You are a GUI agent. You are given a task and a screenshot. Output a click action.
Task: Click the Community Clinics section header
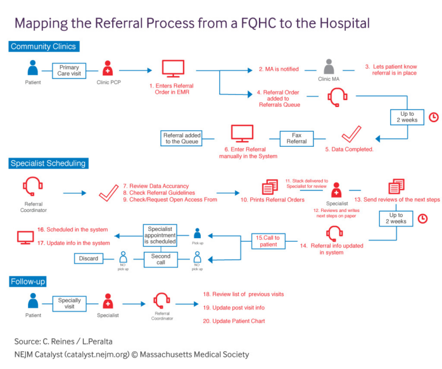[x=43, y=47]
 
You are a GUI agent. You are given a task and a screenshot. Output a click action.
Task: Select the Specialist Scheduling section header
[x=48, y=163]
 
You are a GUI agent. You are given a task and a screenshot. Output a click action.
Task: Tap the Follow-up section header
[x=28, y=281]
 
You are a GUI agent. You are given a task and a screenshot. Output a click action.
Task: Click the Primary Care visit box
[x=69, y=71]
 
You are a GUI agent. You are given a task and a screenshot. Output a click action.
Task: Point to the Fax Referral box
[x=296, y=138]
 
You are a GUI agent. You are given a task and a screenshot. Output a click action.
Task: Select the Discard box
[x=89, y=258]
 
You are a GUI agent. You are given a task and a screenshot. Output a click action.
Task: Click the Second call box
[x=161, y=259]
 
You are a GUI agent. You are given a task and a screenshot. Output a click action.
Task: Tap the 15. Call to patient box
[x=268, y=241]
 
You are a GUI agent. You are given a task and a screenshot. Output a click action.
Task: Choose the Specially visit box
[x=69, y=303]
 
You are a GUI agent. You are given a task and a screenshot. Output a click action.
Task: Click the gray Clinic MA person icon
[x=329, y=66]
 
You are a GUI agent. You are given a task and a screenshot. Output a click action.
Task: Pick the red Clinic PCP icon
[x=107, y=69]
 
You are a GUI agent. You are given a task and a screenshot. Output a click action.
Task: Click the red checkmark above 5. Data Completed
[x=350, y=134]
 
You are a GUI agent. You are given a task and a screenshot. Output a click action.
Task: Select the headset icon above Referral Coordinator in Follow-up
[x=162, y=300]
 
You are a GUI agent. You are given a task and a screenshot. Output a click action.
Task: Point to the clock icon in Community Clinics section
[x=433, y=117]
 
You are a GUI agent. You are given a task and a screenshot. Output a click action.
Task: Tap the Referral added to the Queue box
[x=181, y=138]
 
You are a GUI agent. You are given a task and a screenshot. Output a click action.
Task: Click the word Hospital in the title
[x=339, y=24]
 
